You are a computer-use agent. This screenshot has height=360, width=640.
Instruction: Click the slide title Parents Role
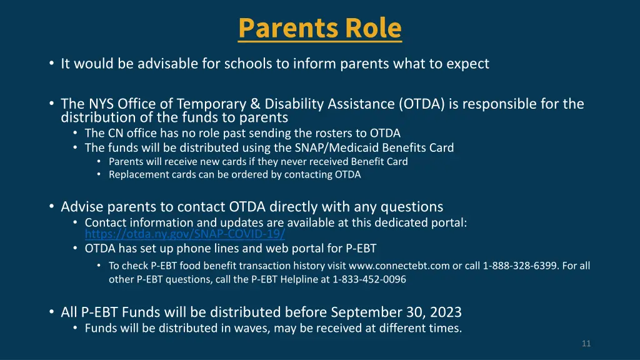(319, 28)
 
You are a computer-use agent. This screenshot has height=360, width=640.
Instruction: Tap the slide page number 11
(586, 344)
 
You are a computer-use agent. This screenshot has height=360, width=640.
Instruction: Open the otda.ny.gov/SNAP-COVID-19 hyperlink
(185, 234)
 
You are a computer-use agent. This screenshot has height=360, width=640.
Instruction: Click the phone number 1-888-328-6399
(520, 266)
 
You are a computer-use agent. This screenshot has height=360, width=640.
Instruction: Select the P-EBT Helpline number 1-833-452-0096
(369, 279)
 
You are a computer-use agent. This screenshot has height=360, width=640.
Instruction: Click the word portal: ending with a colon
(449, 222)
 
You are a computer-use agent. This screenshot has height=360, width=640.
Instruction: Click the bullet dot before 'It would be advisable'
(50, 64)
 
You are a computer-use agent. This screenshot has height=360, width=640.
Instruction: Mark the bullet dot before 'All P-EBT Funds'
(50, 312)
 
